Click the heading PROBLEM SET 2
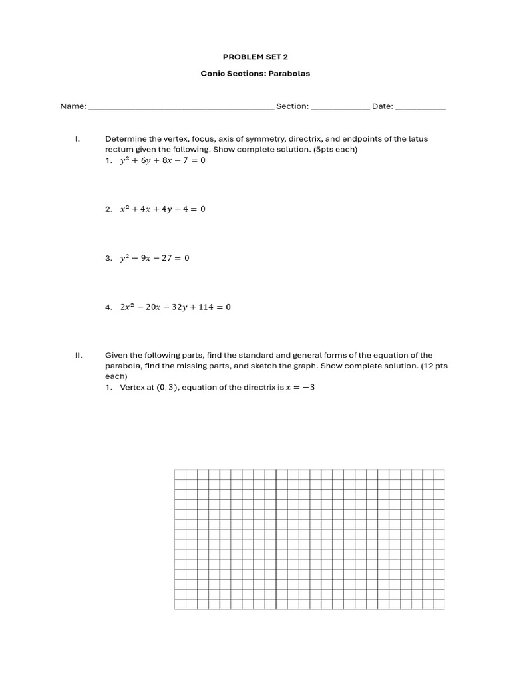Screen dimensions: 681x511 (255, 57)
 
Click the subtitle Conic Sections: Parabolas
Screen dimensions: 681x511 (255, 74)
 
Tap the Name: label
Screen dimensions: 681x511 (73, 106)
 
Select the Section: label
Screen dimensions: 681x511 (292, 106)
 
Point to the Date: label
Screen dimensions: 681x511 (383, 106)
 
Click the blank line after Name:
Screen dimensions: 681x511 (181, 108)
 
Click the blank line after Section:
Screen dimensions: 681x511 (341, 108)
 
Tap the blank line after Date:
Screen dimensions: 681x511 (421, 108)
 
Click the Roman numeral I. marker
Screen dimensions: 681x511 (78, 139)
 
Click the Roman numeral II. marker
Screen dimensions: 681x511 (79, 356)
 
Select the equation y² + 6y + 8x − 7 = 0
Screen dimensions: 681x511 (162, 161)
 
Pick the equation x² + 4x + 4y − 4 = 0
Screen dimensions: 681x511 (162, 209)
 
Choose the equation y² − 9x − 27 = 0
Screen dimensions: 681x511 (154, 258)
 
